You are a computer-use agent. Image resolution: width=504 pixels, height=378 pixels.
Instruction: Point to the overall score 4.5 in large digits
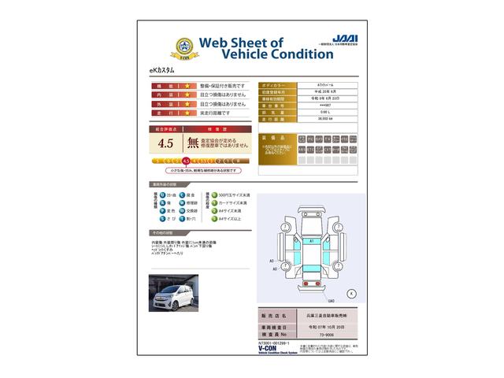pyautogui.click(x=165, y=143)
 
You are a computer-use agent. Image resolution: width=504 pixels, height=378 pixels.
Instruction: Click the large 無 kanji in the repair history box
pyautogui.click(x=193, y=143)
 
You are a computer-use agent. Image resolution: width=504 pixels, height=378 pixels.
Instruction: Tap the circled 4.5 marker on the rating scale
pyautogui.click(x=186, y=161)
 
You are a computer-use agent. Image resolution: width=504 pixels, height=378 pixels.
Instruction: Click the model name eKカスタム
pyautogui.click(x=162, y=71)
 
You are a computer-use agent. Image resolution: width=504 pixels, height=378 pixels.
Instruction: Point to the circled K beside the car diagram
pyautogui.click(x=350, y=293)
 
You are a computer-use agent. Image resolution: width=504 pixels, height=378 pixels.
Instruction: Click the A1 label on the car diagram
pyautogui.click(x=312, y=239)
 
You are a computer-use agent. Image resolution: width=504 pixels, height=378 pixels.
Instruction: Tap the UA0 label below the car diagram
pyautogui.click(x=331, y=302)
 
